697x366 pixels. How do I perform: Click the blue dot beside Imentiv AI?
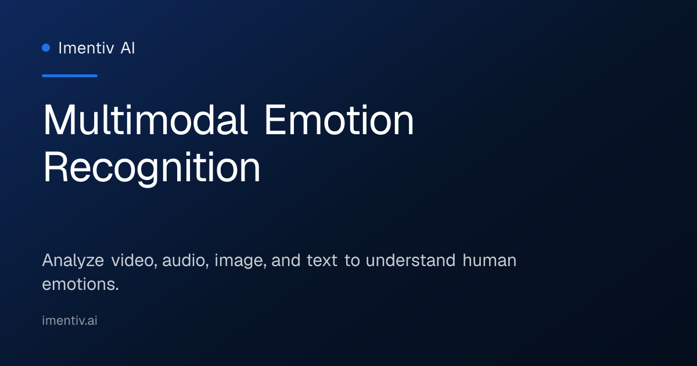(46, 48)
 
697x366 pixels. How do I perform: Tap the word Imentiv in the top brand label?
(86, 48)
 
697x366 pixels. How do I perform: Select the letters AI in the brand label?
(128, 48)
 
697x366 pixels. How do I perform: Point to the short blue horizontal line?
(70, 76)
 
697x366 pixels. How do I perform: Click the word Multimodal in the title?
(145, 120)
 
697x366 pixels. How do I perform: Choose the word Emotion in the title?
(339, 120)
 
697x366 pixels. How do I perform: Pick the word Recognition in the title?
(152, 168)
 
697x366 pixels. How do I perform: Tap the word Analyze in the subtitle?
(73, 261)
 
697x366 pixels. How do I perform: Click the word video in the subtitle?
(134, 260)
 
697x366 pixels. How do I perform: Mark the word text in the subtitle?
(322, 260)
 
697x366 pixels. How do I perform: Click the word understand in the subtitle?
(411, 260)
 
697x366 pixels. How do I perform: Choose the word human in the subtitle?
(490, 260)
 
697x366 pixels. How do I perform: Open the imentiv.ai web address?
(70, 321)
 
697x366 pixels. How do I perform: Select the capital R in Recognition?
(55, 167)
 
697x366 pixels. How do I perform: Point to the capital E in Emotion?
(275, 120)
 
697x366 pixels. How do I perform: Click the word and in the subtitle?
(286, 260)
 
